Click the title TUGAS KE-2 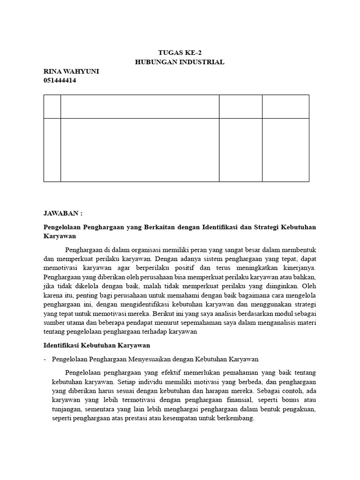click(180, 52)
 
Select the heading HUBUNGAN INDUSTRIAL click(180, 62)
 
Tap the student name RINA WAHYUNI click(71, 71)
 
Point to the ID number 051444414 click(60, 80)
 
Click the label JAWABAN click(63, 213)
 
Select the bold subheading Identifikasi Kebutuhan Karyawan click(97, 345)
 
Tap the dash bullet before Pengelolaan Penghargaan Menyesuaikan click(45, 359)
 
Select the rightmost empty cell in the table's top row click(285, 106)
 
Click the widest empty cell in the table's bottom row click(140, 150)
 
